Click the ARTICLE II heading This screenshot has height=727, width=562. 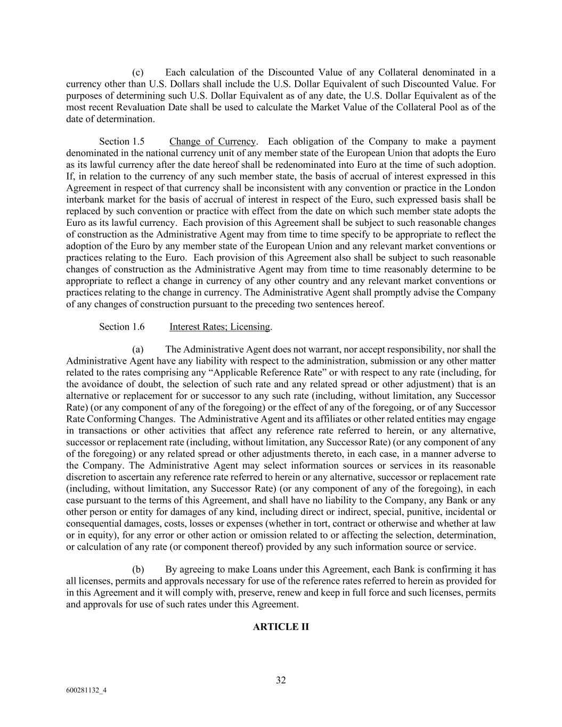[x=281, y=627]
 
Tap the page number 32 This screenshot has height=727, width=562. [x=281, y=680]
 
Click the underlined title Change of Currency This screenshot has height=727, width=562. [x=213, y=142]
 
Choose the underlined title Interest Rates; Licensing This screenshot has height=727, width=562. [x=220, y=327]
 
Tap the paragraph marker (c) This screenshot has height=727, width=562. [x=138, y=72]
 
